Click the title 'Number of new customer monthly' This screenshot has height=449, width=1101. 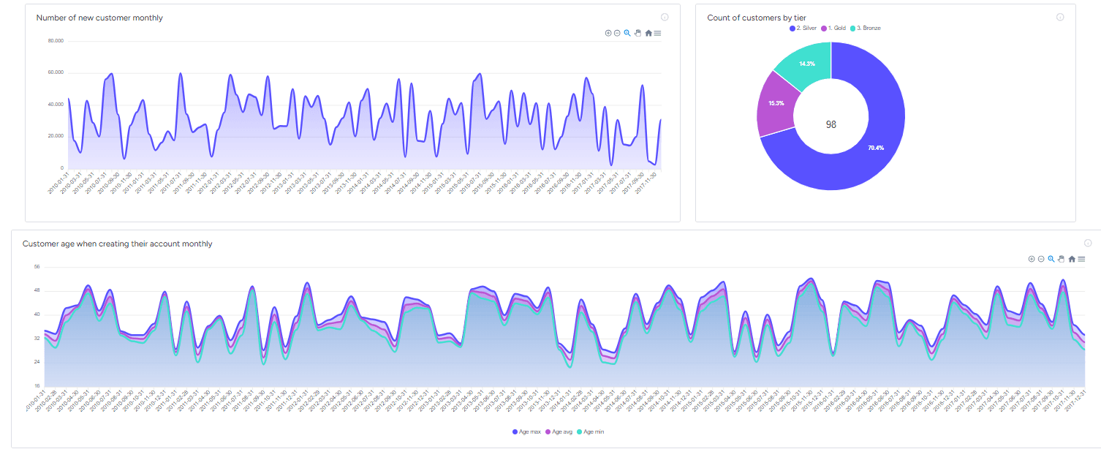(x=99, y=18)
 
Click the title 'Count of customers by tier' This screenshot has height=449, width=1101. (x=757, y=18)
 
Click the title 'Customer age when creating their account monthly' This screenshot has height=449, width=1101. (x=118, y=244)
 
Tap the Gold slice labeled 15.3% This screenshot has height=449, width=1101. (x=776, y=103)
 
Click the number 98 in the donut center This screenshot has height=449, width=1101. (x=831, y=124)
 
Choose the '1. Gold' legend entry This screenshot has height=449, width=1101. (x=836, y=28)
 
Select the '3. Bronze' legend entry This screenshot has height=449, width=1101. (x=868, y=28)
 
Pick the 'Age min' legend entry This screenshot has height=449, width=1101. (x=593, y=432)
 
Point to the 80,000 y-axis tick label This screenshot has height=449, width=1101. (x=56, y=41)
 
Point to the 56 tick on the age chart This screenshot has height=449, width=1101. (x=37, y=267)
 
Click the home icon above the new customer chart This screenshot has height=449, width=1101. (x=648, y=33)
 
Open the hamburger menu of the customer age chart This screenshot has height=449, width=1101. (x=1081, y=259)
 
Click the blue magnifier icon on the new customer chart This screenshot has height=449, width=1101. (x=627, y=33)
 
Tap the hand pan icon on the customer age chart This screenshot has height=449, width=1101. (x=1061, y=259)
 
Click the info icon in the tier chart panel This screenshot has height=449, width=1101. (x=1060, y=17)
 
